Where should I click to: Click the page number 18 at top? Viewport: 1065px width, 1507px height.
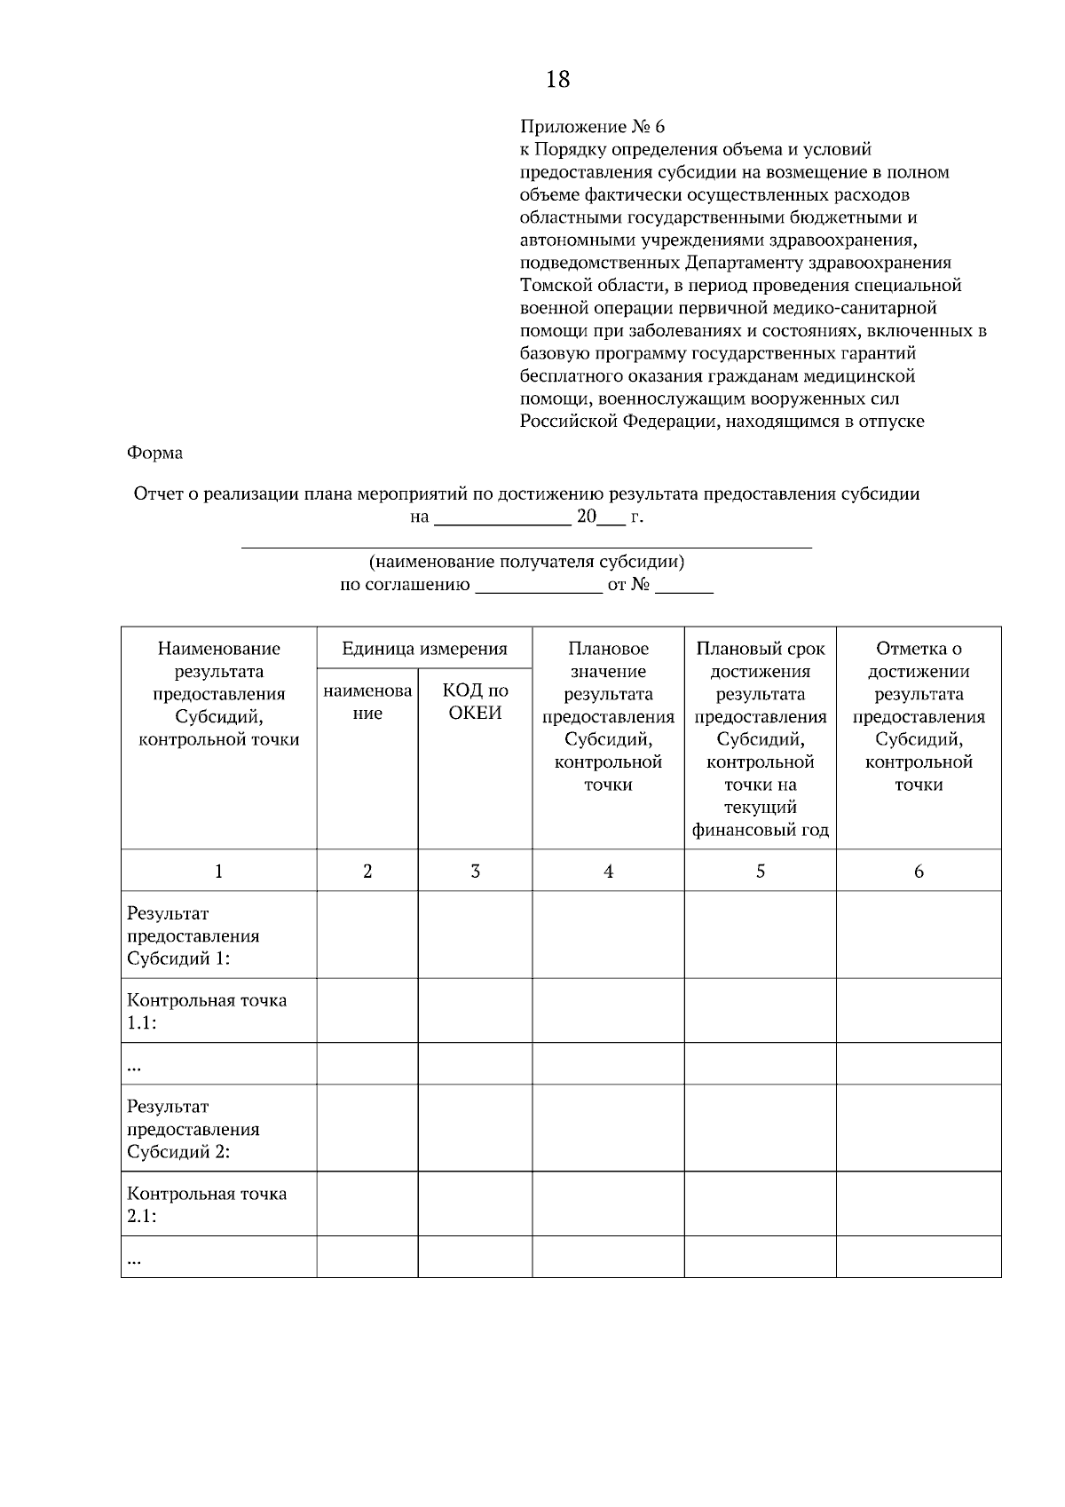pos(557,80)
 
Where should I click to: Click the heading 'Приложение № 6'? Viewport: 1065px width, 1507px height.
pos(591,127)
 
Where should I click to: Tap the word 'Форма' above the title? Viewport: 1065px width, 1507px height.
pos(154,453)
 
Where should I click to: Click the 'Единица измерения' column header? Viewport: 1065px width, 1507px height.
pos(424,649)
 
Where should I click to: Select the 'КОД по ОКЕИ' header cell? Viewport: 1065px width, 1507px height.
pos(475,701)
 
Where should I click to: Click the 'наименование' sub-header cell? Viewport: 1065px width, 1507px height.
pos(367,701)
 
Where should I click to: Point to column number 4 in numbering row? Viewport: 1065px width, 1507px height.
pos(608,871)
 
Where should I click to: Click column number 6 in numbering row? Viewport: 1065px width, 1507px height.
pos(919,871)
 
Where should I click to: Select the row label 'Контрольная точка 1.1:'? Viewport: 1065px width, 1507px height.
pos(206,1011)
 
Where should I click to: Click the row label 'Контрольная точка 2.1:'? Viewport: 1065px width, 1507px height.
pos(206,1204)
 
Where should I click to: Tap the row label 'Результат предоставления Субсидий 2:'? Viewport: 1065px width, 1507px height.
pos(193,1129)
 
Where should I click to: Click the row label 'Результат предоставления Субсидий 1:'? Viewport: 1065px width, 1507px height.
pos(193,935)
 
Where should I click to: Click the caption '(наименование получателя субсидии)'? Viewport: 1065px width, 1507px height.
pos(526,562)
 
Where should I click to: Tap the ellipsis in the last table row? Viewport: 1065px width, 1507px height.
pos(134,1258)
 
